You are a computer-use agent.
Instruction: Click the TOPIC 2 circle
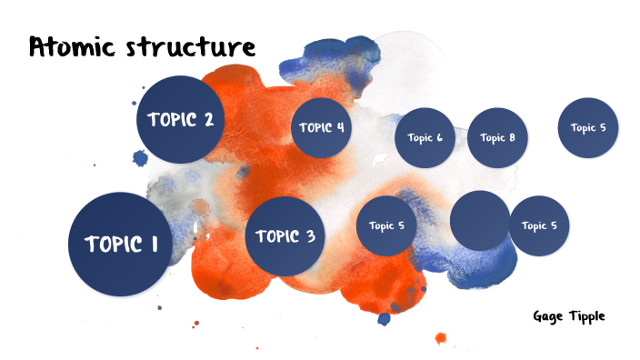tap(180, 119)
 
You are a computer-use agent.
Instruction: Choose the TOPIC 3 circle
tap(285, 236)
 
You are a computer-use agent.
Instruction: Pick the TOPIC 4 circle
tap(321, 127)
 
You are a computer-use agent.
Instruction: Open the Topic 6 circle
tap(425, 138)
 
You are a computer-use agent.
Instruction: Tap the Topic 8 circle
tap(497, 138)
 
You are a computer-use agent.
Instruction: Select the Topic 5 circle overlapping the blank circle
tap(540, 225)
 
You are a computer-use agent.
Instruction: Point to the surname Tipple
tap(587, 315)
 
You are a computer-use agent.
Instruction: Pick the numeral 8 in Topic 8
tap(512, 138)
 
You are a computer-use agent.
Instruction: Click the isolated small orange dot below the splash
tap(441, 338)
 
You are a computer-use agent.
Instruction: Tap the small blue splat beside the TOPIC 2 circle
tap(140, 159)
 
